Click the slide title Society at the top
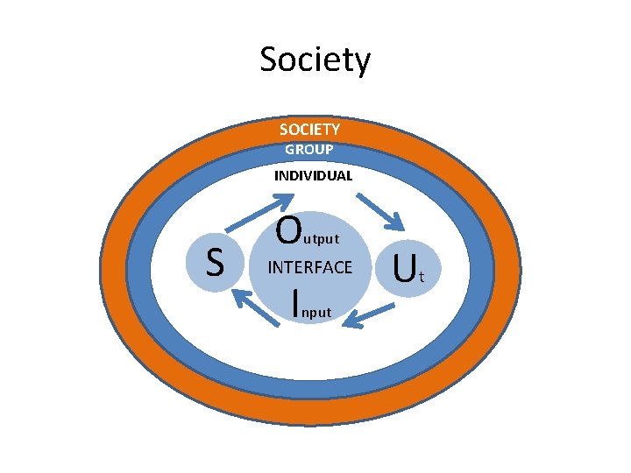pos(315,60)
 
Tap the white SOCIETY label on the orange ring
pos(309,130)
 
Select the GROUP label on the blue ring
pos(308,150)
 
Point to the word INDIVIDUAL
pos(313,175)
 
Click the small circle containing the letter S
pos(213,261)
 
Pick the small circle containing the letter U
pos(405,268)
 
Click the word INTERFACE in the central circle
pos(310,267)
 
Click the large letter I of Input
pos(297,301)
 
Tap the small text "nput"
pos(317,311)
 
